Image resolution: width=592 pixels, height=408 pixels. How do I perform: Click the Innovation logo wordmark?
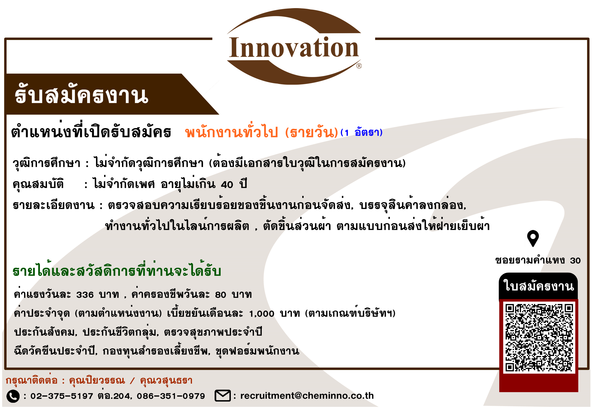(294, 47)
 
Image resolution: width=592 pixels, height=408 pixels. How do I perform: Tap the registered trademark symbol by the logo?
(359, 66)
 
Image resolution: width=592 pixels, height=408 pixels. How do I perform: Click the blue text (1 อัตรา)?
(361, 132)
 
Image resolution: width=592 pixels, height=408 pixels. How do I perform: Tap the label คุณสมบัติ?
(38, 184)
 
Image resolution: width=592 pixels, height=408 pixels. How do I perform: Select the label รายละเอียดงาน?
(54, 205)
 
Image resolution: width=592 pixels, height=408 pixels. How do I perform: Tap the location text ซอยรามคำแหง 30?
(538, 260)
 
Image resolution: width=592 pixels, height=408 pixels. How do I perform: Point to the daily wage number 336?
(85, 295)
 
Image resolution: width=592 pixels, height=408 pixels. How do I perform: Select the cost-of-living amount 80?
(220, 295)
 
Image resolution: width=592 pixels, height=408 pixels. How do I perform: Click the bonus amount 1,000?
(262, 314)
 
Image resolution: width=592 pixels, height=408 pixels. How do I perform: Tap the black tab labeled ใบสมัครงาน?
(538, 286)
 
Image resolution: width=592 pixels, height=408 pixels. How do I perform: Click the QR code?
(539, 337)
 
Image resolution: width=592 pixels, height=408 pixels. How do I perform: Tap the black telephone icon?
(13, 396)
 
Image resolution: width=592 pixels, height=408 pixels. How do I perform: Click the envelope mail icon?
(222, 396)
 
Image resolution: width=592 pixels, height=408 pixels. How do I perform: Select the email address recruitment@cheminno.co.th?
(307, 396)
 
